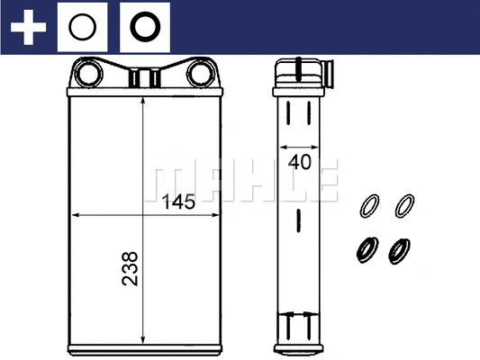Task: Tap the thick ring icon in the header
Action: pyautogui.click(x=145, y=27)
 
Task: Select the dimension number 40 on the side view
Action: pyautogui.click(x=299, y=163)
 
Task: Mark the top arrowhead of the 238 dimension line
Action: pyautogui.click(x=143, y=101)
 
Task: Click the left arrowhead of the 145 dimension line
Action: pyautogui.click(x=77, y=216)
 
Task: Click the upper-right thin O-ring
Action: pyautogui.click(x=407, y=206)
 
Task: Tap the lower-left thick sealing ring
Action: pyautogui.click(x=367, y=248)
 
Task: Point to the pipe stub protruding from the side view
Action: pyautogui.click(x=328, y=71)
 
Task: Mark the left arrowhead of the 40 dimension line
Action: pyautogui.click(x=282, y=146)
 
